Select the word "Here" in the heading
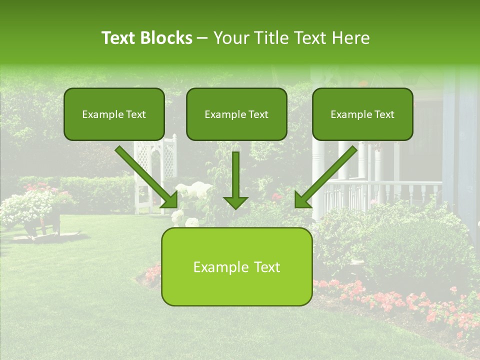pos(353,38)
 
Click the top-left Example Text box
pos(114,114)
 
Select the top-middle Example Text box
pos(236,114)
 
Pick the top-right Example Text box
pos(362,114)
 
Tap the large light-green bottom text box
pos(236,266)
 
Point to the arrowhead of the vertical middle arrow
pos(235,202)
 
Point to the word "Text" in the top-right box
pos(384,114)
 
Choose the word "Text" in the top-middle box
pos(258,114)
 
